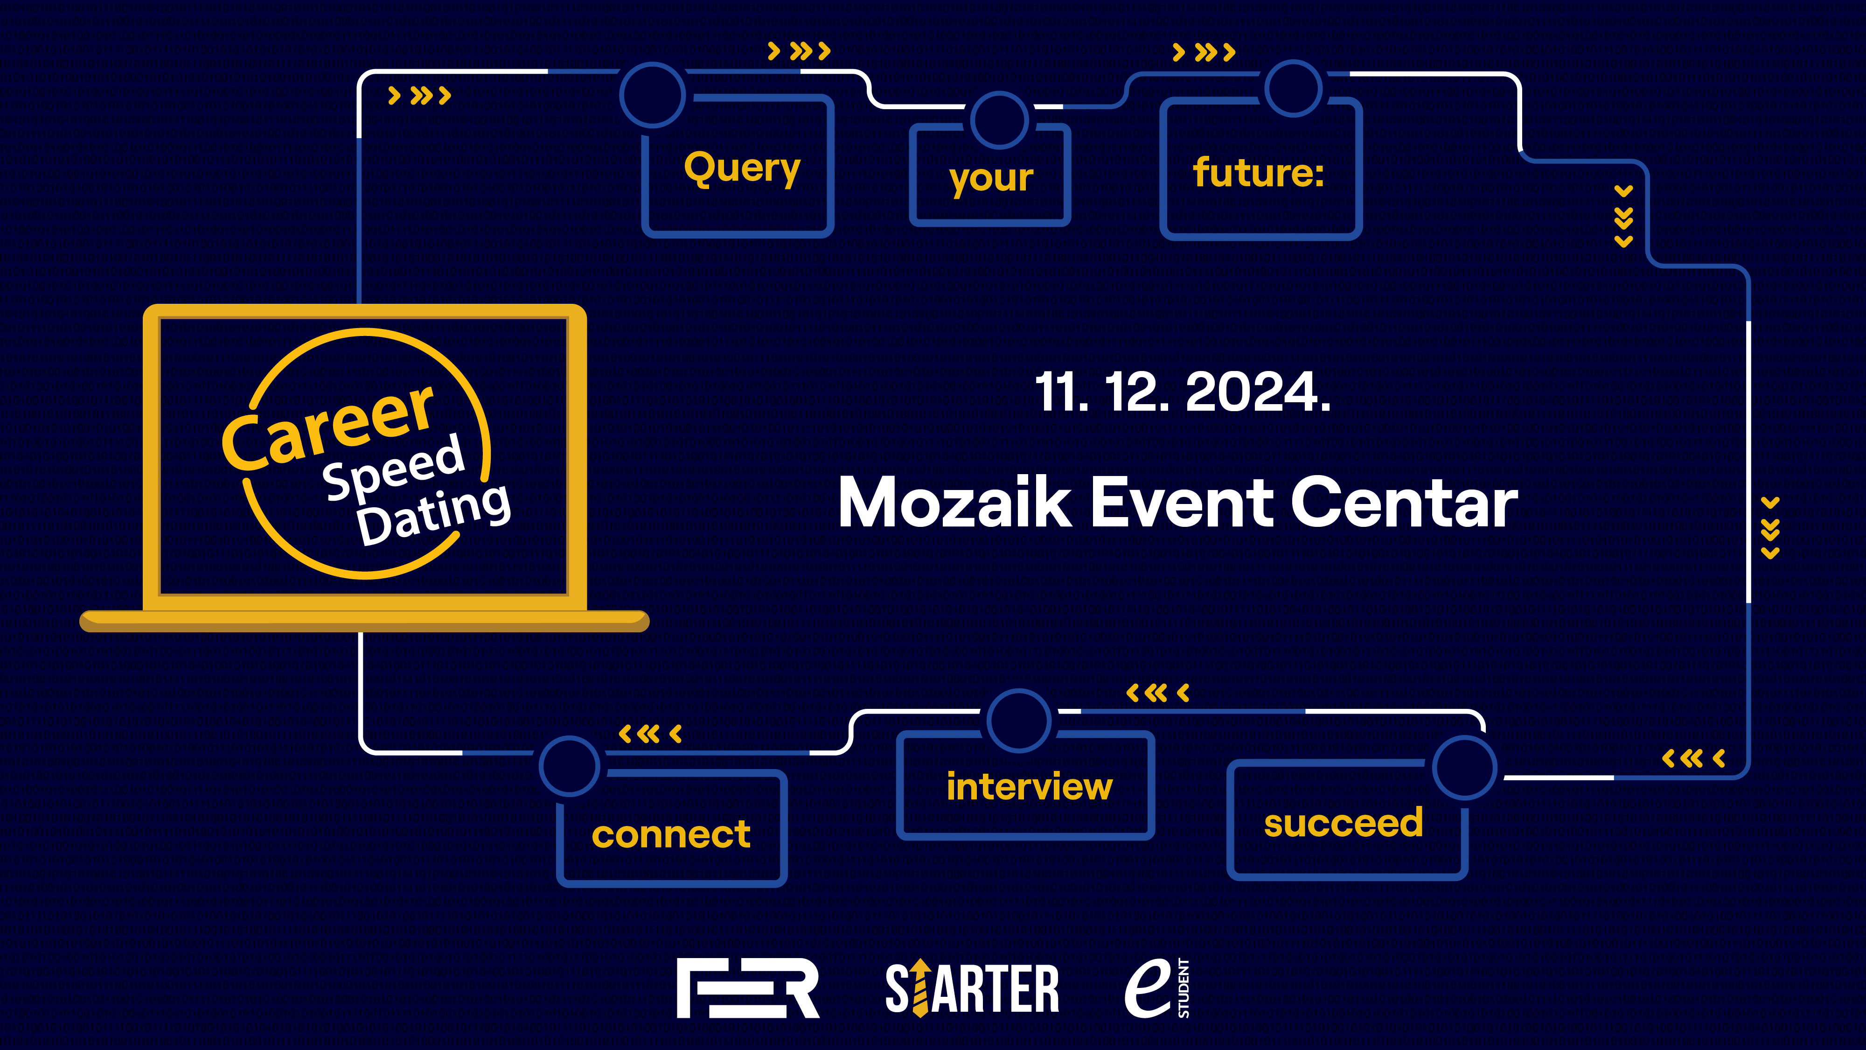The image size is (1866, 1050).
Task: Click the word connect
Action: (x=671, y=835)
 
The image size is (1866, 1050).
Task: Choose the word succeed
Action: (x=1344, y=822)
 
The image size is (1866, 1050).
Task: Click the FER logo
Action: (x=747, y=987)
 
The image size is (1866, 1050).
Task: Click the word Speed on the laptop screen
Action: (x=393, y=466)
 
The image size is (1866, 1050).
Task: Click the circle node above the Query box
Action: (x=653, y=64)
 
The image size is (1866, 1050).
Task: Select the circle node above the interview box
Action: (x=1019, y=691)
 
